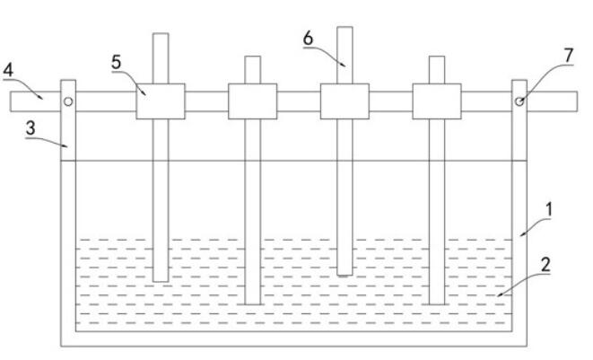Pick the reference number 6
tap(309, 40)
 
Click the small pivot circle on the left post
tap(68, 101)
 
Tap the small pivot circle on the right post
tap(519, 101)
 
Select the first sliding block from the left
tap(161, 101)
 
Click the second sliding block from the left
tap(252, 101)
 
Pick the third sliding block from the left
tap(344, 101)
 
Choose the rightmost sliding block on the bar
tap(437, 101)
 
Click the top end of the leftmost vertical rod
tap(161, 36)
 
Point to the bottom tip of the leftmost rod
tap(161, 280)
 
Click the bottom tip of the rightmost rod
tap(437, 303)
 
